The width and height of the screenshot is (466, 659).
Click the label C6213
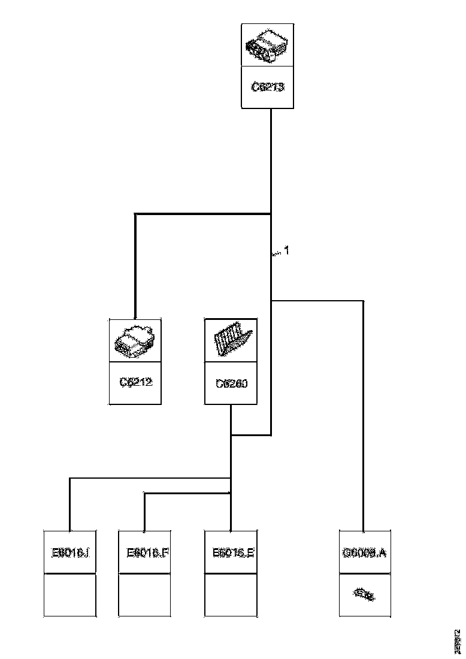pyautogui.click(x=267, y=87)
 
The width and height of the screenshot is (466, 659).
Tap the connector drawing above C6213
pyautogui.click(x=267, y=46)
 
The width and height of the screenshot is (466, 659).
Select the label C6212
pyautogui.click(x=135, y=382)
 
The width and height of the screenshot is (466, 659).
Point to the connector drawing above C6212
pyautogui.click(x=135, y=340)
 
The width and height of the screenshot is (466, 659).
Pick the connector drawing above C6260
pyautogui.click(x=231, y=340)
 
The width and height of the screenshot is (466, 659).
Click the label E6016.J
pyautogui.click(x=70, y=552)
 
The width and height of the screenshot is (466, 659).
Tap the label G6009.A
pyautogui.click(x=364, y=552)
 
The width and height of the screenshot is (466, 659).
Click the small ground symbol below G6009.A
pyautogui.click(x=364, y=595)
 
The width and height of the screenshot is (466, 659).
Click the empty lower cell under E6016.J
pyautogui.click(x=70, y=595)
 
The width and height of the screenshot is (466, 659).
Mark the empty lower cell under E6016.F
pyautogui.click(x=144, y=595)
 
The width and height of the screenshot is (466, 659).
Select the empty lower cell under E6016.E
pyautogui.click(x=231, y=595)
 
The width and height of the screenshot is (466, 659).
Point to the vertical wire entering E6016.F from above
pyautogui.click(x=144, y=512)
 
